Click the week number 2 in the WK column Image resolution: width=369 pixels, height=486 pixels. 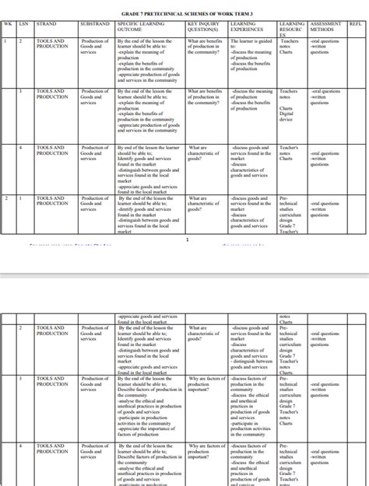6,198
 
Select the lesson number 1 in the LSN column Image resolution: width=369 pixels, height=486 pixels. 22,198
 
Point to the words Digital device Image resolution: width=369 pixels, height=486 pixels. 287,117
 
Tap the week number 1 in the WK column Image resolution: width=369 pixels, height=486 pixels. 6,39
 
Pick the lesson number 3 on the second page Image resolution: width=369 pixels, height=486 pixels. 22,379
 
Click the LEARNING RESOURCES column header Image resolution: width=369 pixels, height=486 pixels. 291,30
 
